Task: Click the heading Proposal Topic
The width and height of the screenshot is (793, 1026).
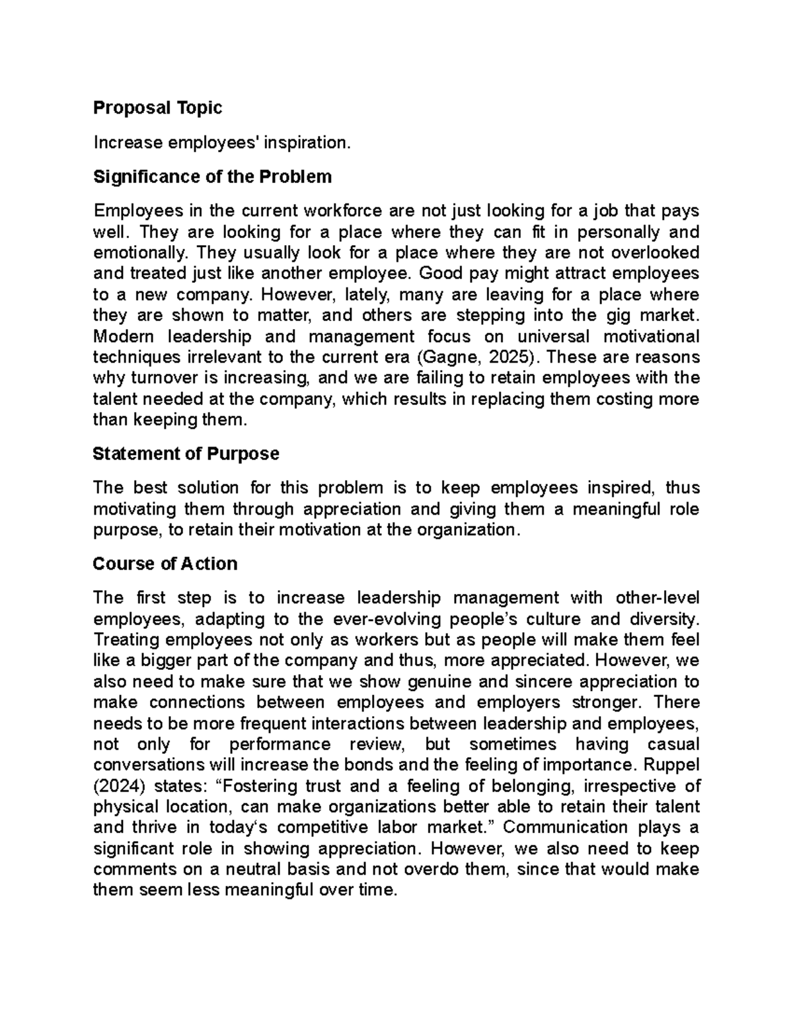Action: (x=157, y=108)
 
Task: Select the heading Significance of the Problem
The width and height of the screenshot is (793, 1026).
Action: (x=212, y=177)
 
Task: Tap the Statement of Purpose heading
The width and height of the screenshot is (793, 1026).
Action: (x=186, y=454)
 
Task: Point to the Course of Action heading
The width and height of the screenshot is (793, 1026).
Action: (x=165, y=564)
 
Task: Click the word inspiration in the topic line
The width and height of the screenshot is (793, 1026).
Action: (x=305, y=143)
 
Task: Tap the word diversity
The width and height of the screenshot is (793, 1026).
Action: (x=662, y=619)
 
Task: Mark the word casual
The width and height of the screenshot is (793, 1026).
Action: (x=669, y=745)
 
